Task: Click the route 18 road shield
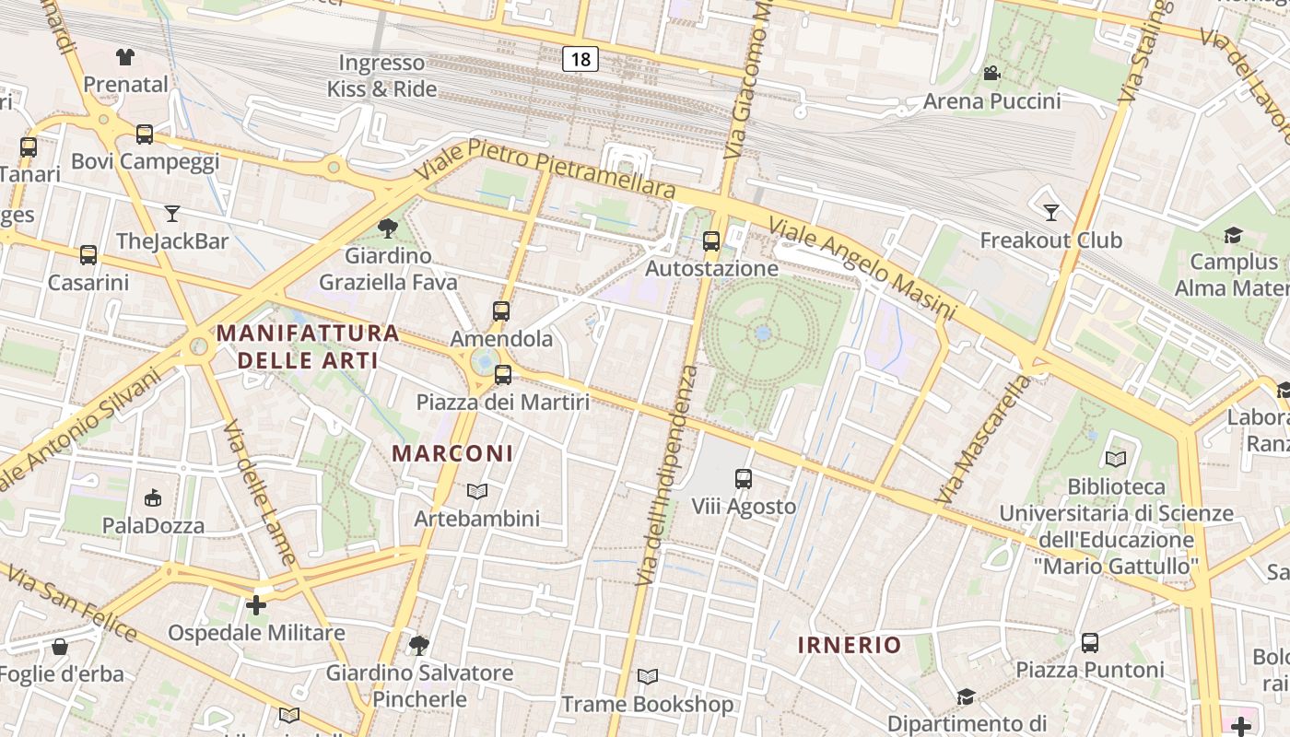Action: [x=580, y=59]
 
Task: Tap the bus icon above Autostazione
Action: [x=711, y=241]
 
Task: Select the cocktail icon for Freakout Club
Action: [x=1051, y=214]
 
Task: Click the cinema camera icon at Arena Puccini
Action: [x=991, y=74]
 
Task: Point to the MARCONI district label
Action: [x=452, y=453]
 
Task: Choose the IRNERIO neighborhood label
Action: [x=849, y=645]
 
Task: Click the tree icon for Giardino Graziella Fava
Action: [x=388, y=228]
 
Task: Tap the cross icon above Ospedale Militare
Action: [x=256, y=605]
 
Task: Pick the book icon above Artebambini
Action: [x=476, y=492]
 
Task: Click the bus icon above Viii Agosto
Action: [x=744, y=479]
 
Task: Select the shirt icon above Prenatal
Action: [x=125, y=57]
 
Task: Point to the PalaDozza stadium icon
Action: [x=153, y=498]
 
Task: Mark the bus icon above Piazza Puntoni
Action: [x=1090, y=642]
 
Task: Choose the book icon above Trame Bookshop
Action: [x=648, y=677]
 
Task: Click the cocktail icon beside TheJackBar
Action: [x=172, y=215]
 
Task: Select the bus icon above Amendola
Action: [x=501, y=311]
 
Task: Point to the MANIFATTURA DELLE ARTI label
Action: [x=308, y=346]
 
